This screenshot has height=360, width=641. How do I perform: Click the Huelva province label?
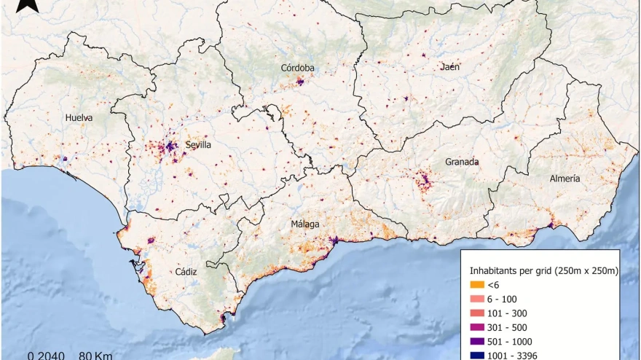[79, 117]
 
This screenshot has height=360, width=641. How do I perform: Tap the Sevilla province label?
[198, 145]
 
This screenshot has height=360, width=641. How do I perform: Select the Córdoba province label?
[298, 69]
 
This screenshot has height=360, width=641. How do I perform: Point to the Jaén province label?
[450, 67]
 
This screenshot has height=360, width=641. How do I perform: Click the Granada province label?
[463, 162]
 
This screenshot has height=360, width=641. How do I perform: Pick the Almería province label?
[566, 179]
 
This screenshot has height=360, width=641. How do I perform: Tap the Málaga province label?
[305, 224]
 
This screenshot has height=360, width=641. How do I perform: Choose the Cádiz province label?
[186, 271]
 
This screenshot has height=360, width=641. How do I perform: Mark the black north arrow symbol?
[28, 6]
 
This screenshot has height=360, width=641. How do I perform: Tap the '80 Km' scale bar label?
[93, 356]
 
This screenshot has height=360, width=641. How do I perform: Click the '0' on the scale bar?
[31, 356]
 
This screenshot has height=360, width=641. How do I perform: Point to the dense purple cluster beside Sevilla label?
[170, 146]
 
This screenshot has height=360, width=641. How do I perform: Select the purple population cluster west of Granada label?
[422, 178]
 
